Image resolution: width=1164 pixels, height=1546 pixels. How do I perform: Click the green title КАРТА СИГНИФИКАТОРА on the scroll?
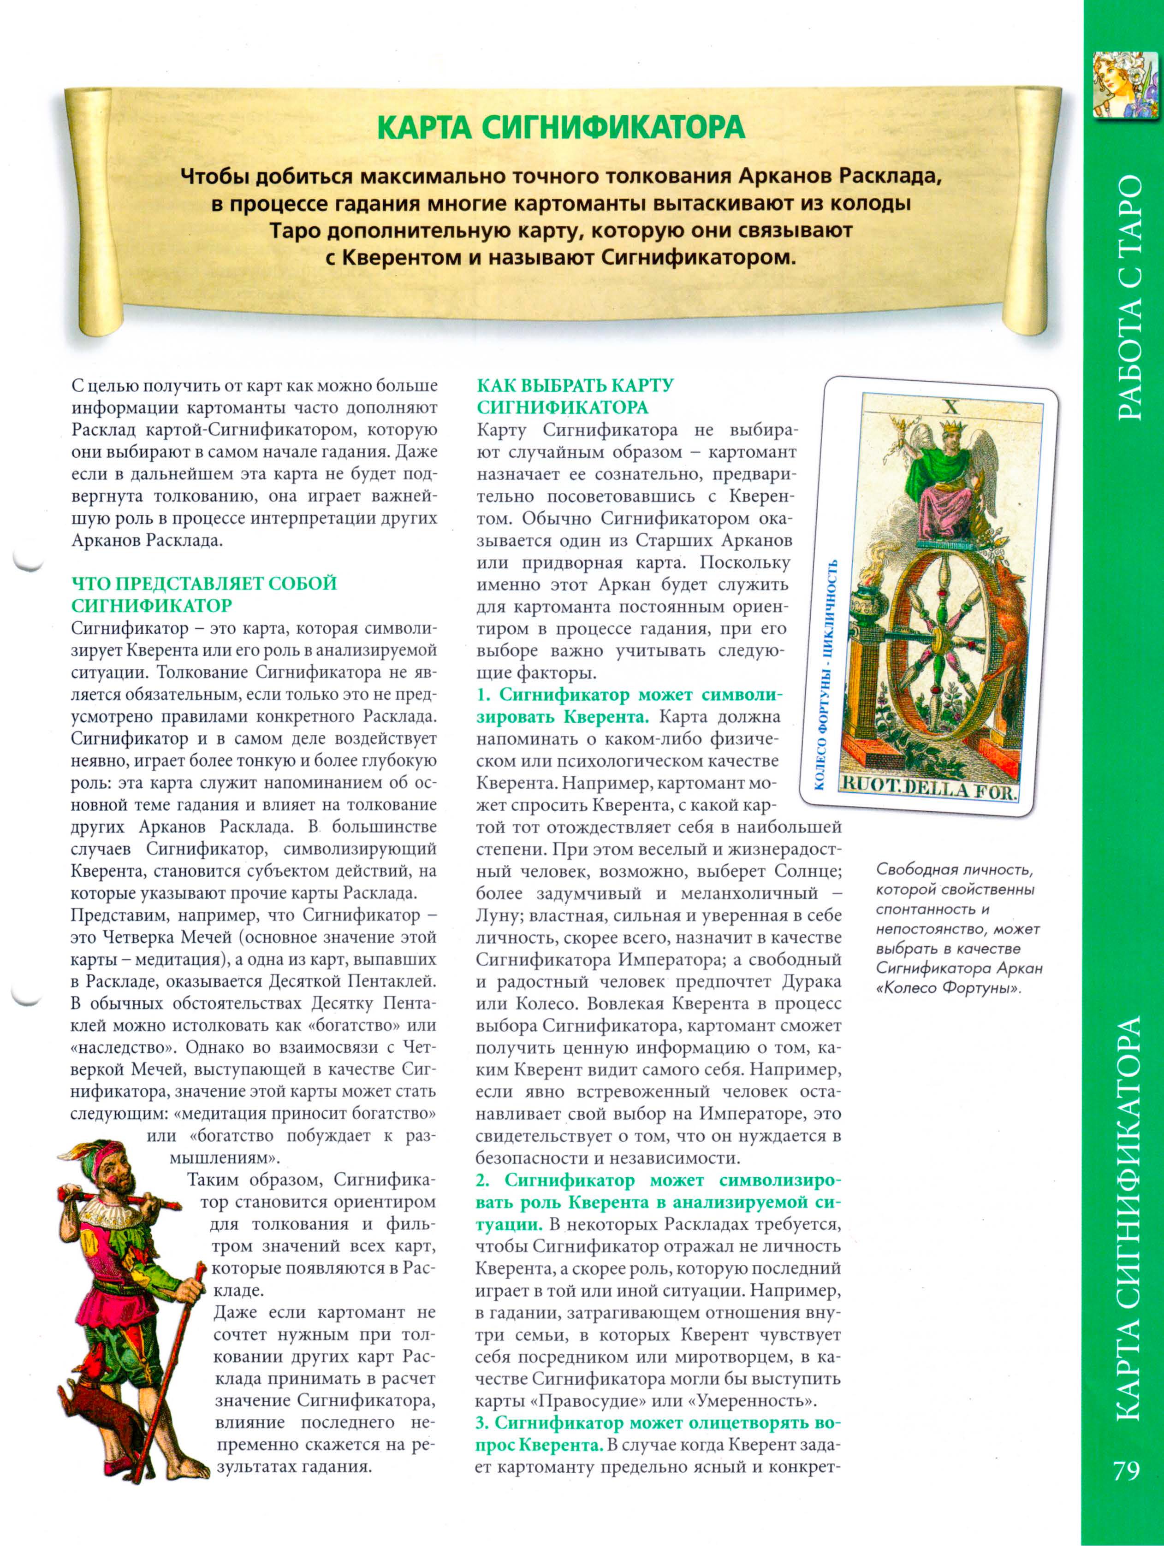coord(561,128)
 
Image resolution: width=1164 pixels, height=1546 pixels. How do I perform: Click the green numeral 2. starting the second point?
coord(483,1180)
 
